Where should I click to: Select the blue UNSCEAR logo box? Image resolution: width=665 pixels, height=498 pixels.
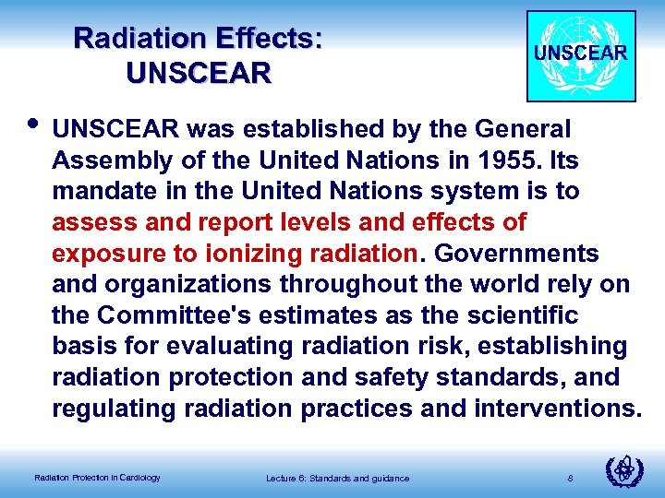581,55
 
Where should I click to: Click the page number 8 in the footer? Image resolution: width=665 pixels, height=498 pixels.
571,477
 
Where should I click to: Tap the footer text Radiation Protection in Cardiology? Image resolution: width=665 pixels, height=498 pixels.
97,477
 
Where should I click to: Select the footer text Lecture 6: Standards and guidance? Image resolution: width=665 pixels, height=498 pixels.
337,477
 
